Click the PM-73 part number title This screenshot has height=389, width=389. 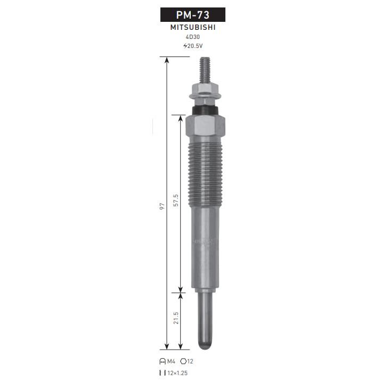click(193, 15)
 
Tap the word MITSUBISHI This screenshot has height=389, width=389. click(193, 27)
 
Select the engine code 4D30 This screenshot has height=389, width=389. click(193, 37)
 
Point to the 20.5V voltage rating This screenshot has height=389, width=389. click(195, 46)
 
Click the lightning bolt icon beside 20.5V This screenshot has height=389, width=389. click(185, 46)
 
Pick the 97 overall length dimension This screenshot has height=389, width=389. click(162, 206)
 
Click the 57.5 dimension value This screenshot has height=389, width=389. click(176, 200)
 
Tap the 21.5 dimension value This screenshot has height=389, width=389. click(176, 318)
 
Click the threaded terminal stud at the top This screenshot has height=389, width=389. click(205, 70)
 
